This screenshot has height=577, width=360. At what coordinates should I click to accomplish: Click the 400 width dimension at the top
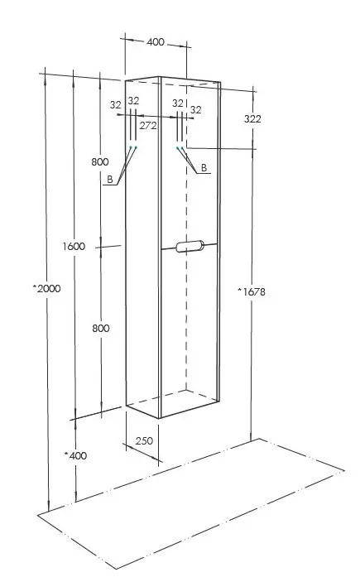point(156,42)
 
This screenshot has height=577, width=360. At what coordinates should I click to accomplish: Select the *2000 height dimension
point(46,288)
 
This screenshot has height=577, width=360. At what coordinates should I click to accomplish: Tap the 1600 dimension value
point(74,246)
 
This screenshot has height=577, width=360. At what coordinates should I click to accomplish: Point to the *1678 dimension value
point(251,292)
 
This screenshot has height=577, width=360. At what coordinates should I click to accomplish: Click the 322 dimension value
point(252,119)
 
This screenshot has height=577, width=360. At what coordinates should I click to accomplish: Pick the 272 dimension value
point(148,126)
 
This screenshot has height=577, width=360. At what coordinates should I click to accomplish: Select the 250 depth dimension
point(144,441)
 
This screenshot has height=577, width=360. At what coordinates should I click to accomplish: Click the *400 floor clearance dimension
point(76,455)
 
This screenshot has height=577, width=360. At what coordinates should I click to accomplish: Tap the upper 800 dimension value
point(100,161)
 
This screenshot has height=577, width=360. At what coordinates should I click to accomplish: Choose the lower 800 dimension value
point(101,329)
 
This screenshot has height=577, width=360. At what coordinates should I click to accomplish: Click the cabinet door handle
point(190,246)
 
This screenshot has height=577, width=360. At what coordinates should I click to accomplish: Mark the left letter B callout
point(110,180)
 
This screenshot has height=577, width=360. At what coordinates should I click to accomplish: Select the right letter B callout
point(204,168)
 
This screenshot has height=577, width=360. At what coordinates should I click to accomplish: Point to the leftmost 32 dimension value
point(116,105)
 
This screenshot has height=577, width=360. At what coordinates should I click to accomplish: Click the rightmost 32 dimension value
point(196,109)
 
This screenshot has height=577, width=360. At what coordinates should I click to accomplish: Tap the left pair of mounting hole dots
point(133,147)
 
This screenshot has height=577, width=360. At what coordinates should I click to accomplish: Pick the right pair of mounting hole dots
point(180,148)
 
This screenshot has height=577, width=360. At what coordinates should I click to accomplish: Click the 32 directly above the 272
point(133,100)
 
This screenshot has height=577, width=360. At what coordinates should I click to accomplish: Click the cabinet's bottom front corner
point(160,418)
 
